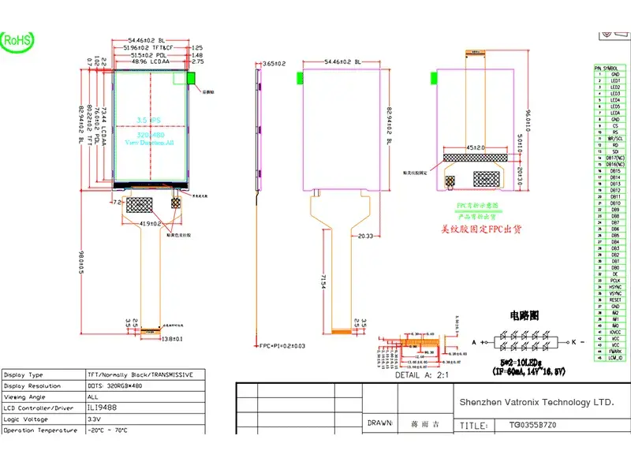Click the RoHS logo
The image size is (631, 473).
(x=16, y=39)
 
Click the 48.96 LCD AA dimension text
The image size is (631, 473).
(x=149, y=61)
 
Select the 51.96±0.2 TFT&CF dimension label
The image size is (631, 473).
(x=150, y=48)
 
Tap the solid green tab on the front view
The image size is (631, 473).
(x=190, y=78)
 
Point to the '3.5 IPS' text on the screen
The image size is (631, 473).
(x=149, y=120)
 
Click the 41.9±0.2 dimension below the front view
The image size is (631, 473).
(x=150, y=224)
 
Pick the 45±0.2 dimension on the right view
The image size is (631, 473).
(x=473, y=147)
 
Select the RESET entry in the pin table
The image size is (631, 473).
(x=615, y=300)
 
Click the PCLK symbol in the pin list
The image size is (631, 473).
(x=615, y=280)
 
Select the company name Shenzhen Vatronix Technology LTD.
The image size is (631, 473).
(x=536, y=402)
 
